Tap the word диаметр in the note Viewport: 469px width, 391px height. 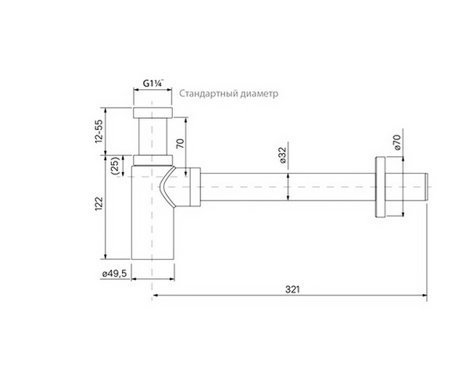(x=259, y=94)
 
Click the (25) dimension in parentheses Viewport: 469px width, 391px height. (x=115, y=166)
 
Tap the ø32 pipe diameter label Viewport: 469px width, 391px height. (x=285, y=156)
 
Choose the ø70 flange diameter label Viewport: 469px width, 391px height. (x=396, y=142)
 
